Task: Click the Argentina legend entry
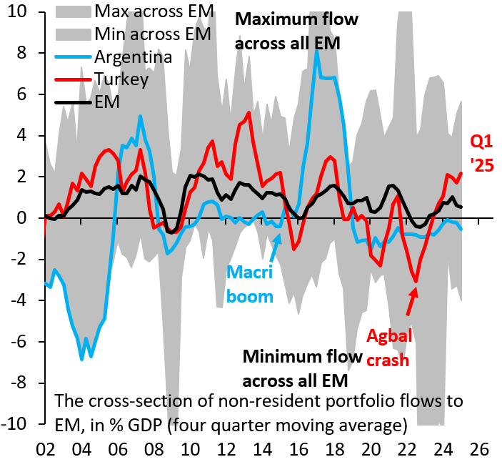[133, 56]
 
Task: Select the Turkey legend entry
[121, 79]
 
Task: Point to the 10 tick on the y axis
[19, 12]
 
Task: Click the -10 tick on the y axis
[16, 423]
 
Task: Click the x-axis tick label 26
[478, 448]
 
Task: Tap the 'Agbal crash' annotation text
[388, 348]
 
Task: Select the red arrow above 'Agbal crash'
[411, 300]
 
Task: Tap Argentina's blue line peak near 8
[317, 51]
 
